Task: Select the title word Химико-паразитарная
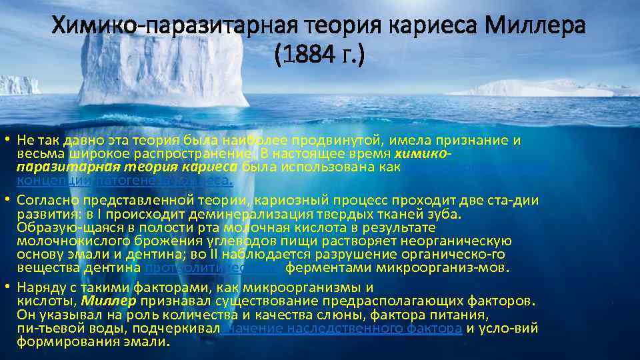[160, 27]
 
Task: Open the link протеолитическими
[213, 268]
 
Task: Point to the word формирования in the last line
[58, 341]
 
